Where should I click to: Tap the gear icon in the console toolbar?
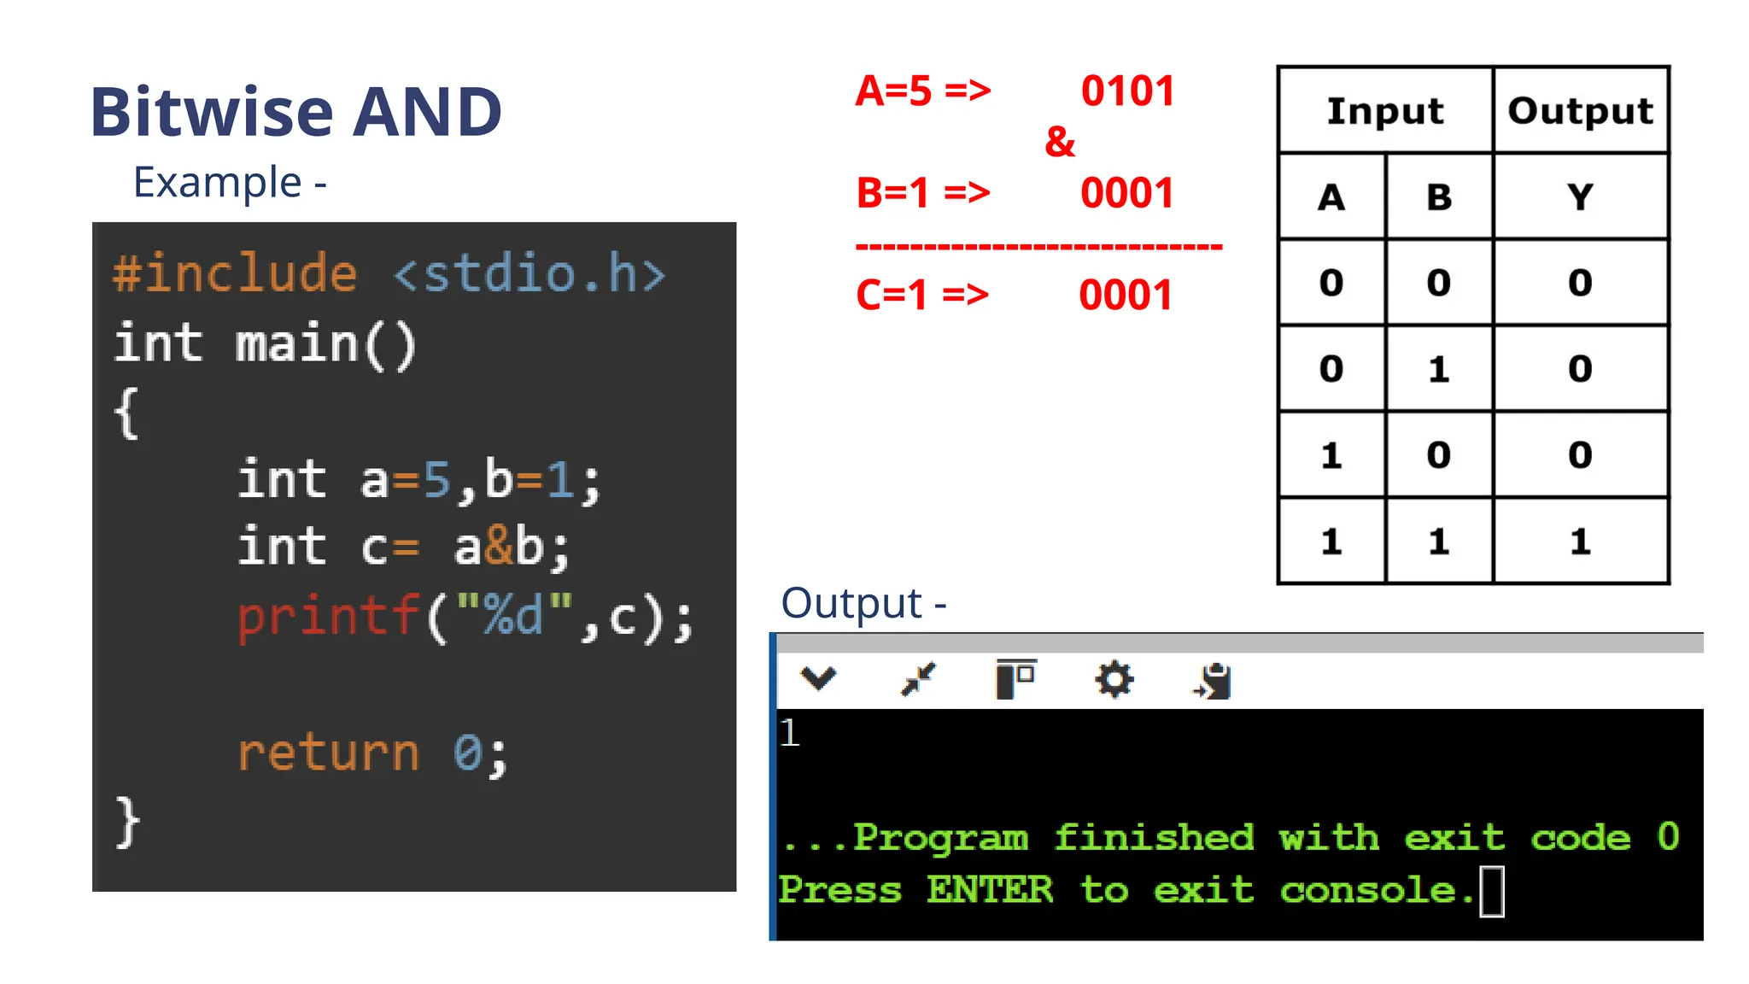point(1114,680)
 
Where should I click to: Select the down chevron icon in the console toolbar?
point(818,678)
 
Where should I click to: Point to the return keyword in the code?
point(329,753)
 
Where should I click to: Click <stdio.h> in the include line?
point(529,274)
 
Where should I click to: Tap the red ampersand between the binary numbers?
point(1060,142)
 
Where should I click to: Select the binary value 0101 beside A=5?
point(1127,91)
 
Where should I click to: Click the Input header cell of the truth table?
point(1384,111)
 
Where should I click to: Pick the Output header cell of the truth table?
point(1580,111)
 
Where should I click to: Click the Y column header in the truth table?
point(1580,197)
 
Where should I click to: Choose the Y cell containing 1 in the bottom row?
point(1580,542)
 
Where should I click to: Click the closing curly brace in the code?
point(127,822)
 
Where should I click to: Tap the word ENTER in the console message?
point(990,890)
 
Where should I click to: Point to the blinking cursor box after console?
point(1492,891)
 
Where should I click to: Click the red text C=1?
point(892,296)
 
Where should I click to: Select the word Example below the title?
point(217,183)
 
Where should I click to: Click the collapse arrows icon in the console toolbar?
point(919,680)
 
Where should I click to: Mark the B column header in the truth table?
point(1439,197)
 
